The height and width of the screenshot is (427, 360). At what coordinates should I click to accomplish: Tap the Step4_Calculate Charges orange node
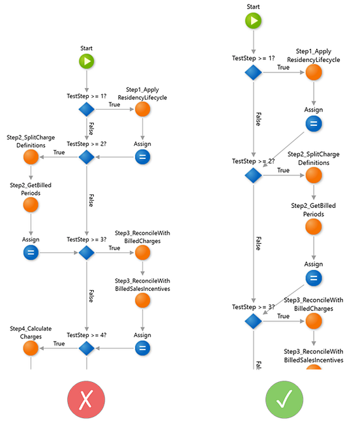coord(31,348)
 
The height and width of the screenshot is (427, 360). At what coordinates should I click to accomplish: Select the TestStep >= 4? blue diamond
coord(87,349)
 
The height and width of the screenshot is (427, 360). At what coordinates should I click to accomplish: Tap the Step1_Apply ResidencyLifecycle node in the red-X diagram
coord(143,110)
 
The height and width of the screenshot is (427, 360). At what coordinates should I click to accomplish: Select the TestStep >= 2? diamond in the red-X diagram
coord(87,157)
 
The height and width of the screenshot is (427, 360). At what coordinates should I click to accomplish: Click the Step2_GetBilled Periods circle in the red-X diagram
coord(31,204)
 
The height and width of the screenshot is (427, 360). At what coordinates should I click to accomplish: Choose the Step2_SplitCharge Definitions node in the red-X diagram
coord(31,157)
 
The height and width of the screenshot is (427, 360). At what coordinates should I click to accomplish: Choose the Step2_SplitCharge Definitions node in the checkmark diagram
coord(314,175)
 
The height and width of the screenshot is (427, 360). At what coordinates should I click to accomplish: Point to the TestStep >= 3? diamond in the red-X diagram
coord(87,253)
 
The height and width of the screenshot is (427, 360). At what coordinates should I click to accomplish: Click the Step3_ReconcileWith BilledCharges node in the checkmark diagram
coord(314,321)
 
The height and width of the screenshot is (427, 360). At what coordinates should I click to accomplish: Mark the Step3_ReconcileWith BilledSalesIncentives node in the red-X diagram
coord(143,300)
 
